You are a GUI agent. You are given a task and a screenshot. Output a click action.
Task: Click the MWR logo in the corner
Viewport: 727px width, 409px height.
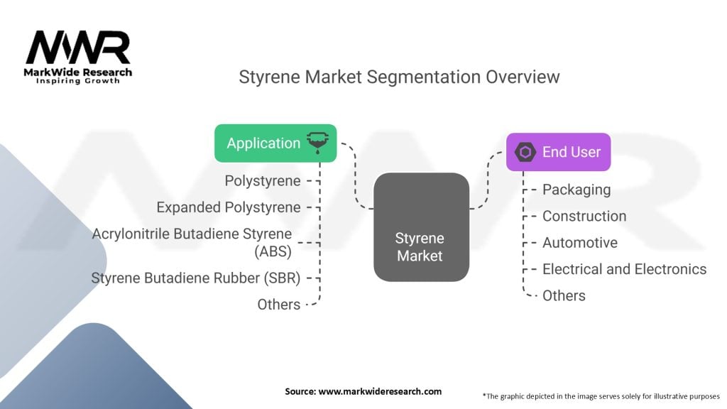[x=78, y=48]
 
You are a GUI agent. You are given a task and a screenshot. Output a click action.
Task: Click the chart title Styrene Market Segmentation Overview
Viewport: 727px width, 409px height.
[x=399, y=77]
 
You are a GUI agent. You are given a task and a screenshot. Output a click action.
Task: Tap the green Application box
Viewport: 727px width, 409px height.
[x=275, y=143]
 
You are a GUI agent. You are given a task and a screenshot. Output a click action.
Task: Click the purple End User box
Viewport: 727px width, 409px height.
[x=558, y=151]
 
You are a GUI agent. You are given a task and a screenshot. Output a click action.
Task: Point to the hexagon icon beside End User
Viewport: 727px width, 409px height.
[x=525, y=152]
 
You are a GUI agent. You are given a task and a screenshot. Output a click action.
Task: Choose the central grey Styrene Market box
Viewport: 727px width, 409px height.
[x=421, y=227]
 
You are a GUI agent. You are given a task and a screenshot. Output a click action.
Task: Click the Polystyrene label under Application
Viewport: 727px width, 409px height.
[x=263, y=181]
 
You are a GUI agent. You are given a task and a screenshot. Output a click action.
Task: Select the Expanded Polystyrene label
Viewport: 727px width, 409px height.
[x=229, y=207]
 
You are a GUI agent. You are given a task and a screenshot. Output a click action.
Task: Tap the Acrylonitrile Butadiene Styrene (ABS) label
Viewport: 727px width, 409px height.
[x=192, y=241]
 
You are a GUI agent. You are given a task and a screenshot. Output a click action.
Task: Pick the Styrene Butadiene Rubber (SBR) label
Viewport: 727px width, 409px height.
[x=196, y=278]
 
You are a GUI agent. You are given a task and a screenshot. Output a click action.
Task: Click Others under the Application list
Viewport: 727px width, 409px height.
[x=279, y=304]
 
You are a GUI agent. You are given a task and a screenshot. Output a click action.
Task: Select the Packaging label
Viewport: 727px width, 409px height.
[x=576, y=190]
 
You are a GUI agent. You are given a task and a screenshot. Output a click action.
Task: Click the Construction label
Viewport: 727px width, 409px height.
[x=584, y=216]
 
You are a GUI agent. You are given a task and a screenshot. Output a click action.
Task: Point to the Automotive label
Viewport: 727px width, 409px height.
[x=580, y=243]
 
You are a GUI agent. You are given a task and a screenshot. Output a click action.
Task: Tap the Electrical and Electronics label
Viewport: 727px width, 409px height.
[x=625, y=269]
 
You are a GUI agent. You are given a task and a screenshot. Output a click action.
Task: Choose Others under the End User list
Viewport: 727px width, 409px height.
[x=564, y=295]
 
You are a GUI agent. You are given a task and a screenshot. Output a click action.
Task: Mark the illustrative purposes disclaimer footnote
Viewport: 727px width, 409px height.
[x=601, y=396]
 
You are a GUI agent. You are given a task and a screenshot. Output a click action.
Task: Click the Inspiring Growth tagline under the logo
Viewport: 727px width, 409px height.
[x=78, y=81]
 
